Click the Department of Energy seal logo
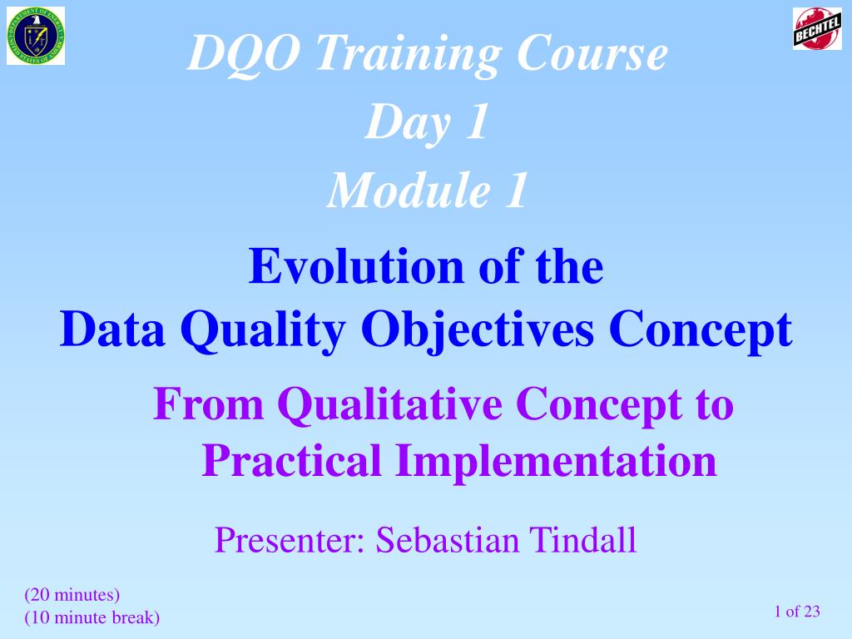(x=36, y=36)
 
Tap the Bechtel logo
(x=817, y=29)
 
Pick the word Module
(x=409, y=190)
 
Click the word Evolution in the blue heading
(x=356, y=266)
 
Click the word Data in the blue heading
(x=112, y=329)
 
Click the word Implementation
(x=557, y=462)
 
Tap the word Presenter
(x=290, y=540)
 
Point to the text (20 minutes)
(x=72, y=595)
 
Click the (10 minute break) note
(x=92, y=618)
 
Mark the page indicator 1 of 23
(x=797, y=612)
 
